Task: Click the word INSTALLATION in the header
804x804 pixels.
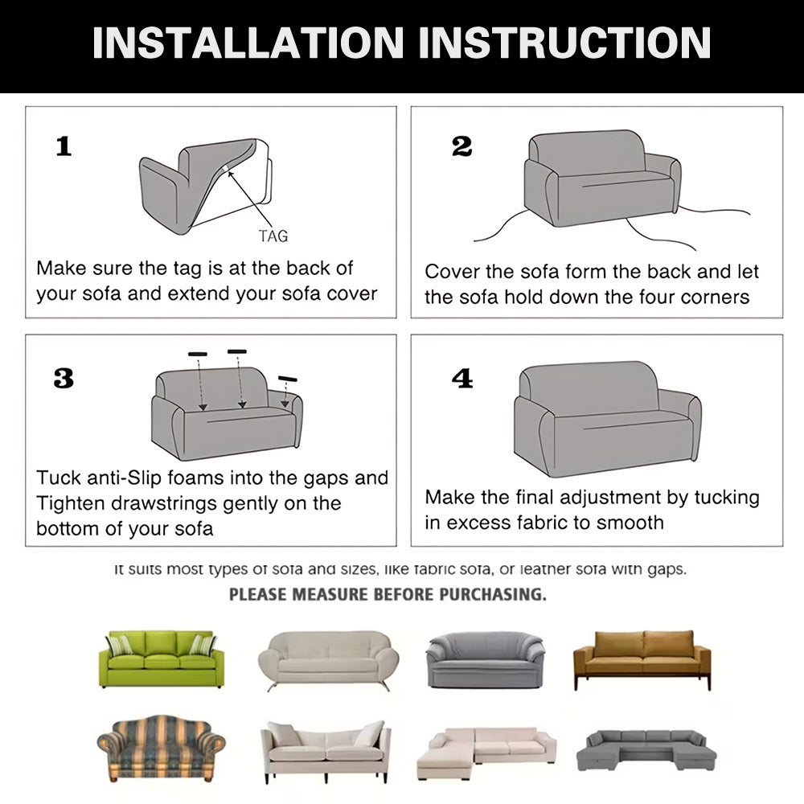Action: (x=248, y=43)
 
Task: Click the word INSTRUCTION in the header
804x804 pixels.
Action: (x=565, y=43)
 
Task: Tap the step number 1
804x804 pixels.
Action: (x=64, y=146)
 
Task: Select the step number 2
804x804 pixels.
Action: (x=461, y=146)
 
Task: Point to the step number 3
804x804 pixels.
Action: (x=64, y=379)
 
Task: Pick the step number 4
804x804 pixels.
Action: (x=462, y=379)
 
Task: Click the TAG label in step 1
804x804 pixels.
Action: (x=273, y=236)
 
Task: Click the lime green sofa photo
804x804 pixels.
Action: (x=161, y=658)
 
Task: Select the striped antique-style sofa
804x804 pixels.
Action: (x=161, y=749)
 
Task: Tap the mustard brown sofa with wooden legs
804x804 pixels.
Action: (x=642, y=660)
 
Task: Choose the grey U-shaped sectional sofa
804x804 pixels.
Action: (x=646, y=750)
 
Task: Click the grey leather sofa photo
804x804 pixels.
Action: (x=485, y=660)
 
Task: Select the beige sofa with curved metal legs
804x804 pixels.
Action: (x=328, y=660)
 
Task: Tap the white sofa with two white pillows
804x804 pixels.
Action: (x=326, y=752)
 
